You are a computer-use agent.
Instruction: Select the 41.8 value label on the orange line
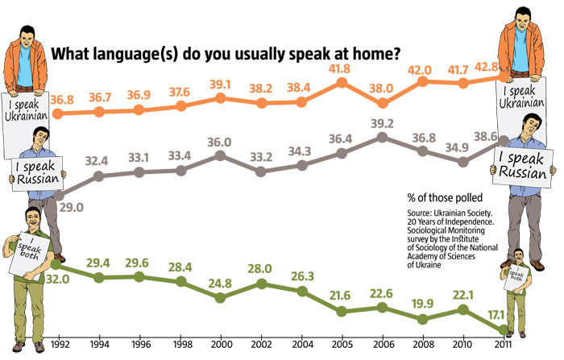[x=342, y=68]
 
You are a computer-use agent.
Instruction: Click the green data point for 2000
[x=220, y=297]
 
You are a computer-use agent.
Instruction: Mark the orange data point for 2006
[x=383, y=103]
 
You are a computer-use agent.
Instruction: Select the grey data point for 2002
[x=261, y=172]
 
